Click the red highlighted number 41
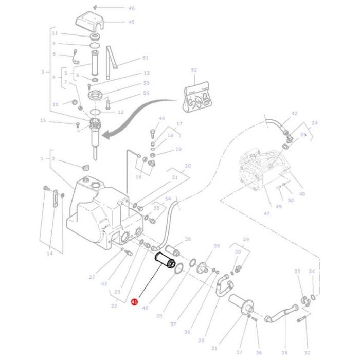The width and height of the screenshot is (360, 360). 134,302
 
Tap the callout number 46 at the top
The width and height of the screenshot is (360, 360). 131,9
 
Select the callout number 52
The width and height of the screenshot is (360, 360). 194,70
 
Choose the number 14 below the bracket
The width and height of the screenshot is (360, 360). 49,254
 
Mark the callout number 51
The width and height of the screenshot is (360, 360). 146,58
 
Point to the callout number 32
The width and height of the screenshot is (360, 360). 307,352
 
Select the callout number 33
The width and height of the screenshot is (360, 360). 297,271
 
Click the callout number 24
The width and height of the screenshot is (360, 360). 315,123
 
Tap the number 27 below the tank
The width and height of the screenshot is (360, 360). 92,277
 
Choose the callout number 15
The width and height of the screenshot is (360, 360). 43,121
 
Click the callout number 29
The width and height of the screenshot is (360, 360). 246,240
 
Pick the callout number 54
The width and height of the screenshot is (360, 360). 168,199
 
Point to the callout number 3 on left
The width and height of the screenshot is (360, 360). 43,73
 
